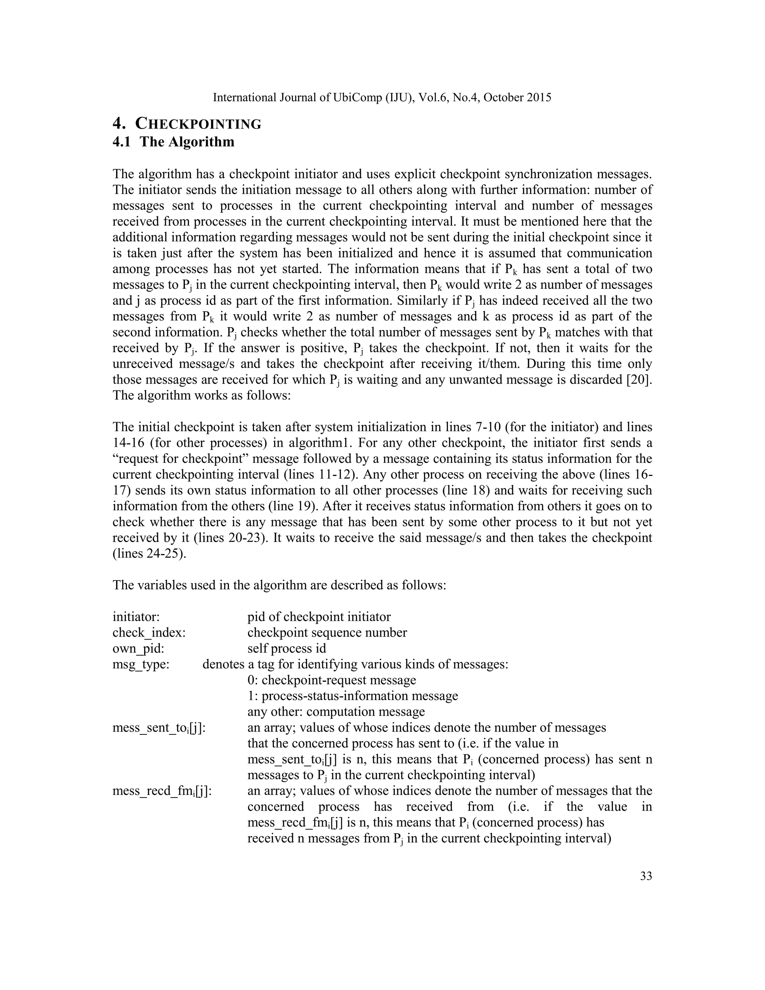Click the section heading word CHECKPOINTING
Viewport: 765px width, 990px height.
198,124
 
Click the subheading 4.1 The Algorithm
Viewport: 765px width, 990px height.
174,142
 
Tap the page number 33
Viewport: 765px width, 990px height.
646,876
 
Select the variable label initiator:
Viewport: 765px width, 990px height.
136,617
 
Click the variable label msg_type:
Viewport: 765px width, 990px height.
141,665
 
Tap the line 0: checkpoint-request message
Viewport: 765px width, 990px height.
331,680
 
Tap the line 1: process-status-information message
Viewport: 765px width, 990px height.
353,696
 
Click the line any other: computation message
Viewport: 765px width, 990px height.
336,712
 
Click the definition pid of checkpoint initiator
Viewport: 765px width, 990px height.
319,617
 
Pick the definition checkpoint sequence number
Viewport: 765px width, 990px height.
327,633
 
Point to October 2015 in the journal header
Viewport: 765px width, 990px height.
518,98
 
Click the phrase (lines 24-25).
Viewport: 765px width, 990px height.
149,554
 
